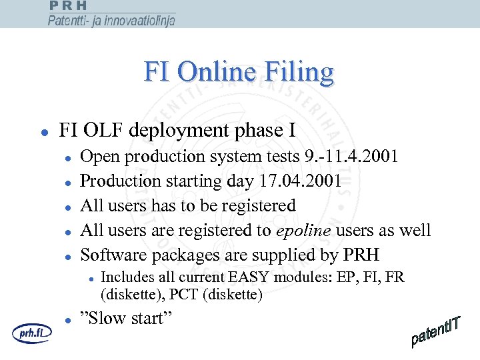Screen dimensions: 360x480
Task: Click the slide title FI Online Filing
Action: coord(239,73)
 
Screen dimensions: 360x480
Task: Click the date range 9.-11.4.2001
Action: coord(350,157)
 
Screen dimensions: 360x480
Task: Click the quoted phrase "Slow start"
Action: coord(126,319)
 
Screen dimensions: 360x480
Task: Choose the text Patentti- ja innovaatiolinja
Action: coord(111,21)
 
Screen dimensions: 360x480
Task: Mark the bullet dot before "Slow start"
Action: coord(68,320)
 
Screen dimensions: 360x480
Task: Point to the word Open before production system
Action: coord(97,157)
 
